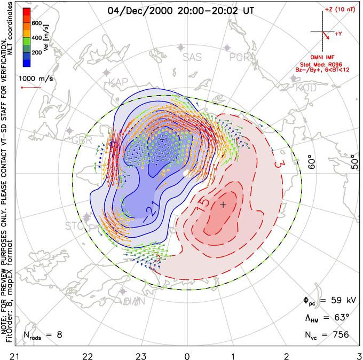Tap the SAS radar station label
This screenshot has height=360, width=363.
click(193, 57)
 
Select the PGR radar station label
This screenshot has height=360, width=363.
click(240, 57)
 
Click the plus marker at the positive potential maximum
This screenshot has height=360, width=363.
click(223, 205)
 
